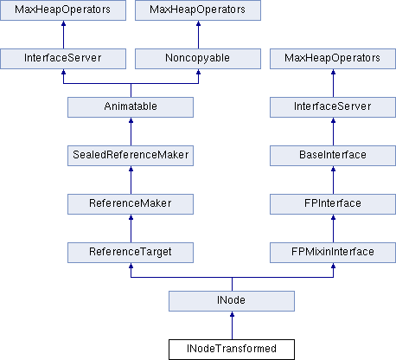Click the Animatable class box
point(131,107)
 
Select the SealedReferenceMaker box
point(131,156)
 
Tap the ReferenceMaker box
point(131,204)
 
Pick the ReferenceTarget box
point(131,253)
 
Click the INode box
point(232,301)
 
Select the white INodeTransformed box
point(232,350)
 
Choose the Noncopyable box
point(198,59)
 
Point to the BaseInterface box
point(333,156)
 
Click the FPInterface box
point(333,204)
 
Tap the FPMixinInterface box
point(333,253)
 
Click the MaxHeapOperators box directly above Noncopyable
point(198,10)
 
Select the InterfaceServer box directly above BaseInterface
point(333,107)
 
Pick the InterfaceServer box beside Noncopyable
point(63,59)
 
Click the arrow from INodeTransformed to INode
point(232,325)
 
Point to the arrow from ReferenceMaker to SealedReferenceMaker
point(131,180)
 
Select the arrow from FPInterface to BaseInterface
point(334,180)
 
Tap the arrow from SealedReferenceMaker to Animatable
point(131,132)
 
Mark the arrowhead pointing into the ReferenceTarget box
point(131,266)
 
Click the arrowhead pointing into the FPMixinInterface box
point(334,266)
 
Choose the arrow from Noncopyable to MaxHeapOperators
point(198,35)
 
